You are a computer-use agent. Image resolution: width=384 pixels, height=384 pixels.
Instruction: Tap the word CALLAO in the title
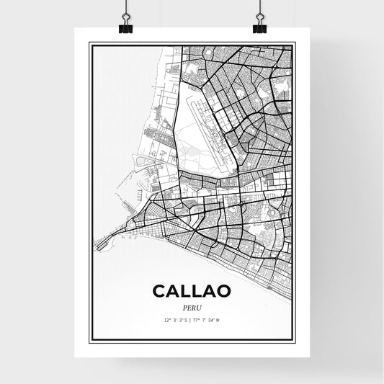tap(191, 291)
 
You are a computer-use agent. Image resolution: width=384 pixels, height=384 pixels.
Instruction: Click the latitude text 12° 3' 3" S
tap(175, 318)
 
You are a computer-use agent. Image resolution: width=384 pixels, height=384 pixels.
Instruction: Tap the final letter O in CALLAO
tap(223, 291)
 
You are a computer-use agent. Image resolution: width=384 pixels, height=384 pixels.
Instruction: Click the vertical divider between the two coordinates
tap(192, 318)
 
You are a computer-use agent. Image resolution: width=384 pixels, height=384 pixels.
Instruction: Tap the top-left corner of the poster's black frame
tap(90, 43)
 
